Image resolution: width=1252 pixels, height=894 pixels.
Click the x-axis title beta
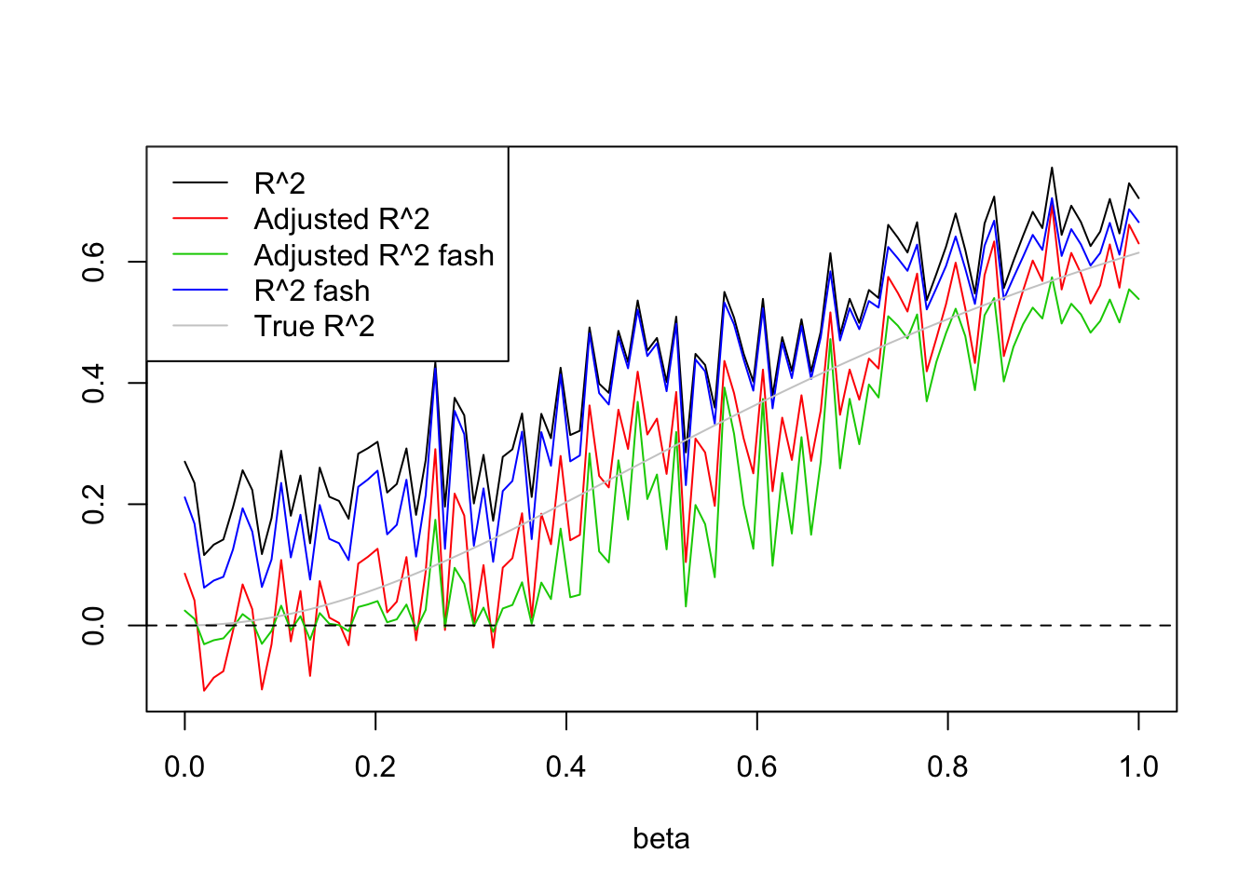pyautogui.click(x=661, y=839)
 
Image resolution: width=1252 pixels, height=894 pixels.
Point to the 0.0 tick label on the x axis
pyautogui.click(x=184, y=767)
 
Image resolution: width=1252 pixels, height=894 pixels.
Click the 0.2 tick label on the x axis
pyautogui.click(x=375, y=767)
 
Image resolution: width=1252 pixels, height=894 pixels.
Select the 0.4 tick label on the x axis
pyautogui.click(x=566, y=767)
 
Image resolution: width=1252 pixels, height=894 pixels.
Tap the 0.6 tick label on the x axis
pyautogui.click(x=756, y=767)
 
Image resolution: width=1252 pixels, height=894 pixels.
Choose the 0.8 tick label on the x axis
pyautogui.click(x=947, y=767)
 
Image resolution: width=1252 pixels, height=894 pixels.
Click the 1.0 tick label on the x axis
pyautogui.click(x=1138, y=767)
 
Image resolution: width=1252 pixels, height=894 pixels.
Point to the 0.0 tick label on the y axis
pyautogui.click(x=93, y=625)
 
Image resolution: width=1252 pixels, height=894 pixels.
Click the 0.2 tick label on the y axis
pyautogui.click(x=93, y=504)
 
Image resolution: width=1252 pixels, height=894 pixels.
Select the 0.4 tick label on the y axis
pyautogui.click(x=93, y=383)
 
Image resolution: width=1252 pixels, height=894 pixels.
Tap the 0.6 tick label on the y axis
pyautogui.click(x=93, y=262)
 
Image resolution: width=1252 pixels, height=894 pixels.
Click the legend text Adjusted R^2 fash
pyautogui.click(x=374, y=255)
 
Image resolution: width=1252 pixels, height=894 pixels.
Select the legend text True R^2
pyautogui.click(x=314, y=327)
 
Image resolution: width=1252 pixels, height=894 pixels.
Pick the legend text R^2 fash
pyautogui.click(x=312, y=291)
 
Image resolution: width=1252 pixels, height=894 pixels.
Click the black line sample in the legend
pyautogui.click(x=200, y=183)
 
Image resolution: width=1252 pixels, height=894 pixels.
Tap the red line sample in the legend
pyautogui.click(x=200, y=219)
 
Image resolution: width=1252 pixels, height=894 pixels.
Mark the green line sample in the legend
pyautogui.click(x=200, y=254)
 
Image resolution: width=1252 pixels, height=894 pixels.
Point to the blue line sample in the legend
pyautogui.click(x=200, y=291)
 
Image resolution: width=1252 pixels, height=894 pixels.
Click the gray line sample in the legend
pyautogui.click(x=200, y=326)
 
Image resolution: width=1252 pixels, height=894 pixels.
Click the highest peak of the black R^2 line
pyautogui.click(x=1052, y=168)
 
